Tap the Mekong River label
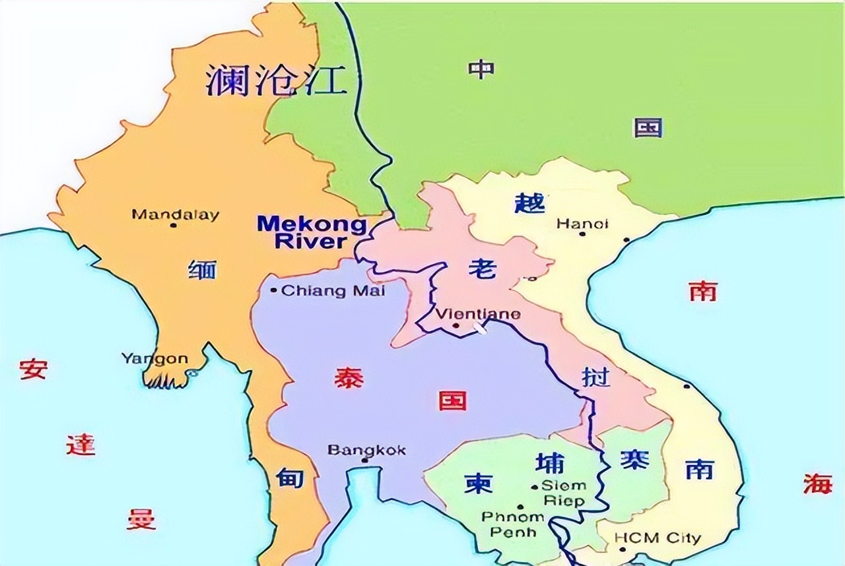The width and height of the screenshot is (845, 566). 312,232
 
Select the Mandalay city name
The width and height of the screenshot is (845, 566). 175,214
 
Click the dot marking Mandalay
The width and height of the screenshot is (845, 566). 173,225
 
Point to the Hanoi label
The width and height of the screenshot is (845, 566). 582,224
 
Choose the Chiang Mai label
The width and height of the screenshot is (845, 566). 333,290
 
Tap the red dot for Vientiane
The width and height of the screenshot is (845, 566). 456,325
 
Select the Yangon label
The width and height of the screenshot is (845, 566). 154,359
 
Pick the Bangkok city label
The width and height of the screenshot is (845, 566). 367,451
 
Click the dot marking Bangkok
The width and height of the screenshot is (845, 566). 364,460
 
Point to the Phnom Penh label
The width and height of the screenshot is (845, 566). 512,524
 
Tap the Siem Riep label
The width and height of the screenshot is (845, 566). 563,493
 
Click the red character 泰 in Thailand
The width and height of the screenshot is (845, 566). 349,377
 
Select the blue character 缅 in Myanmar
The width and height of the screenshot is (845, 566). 202,270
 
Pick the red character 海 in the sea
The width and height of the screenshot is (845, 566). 818,484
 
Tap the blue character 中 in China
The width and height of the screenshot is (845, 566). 482,69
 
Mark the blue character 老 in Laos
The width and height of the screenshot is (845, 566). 481,268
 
